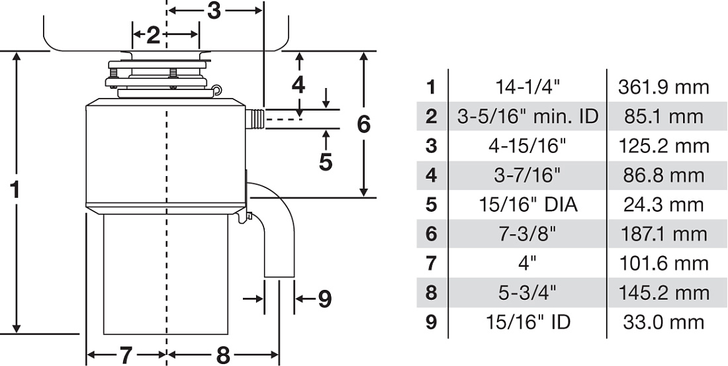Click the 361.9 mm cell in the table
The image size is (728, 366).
(x=663, y=87)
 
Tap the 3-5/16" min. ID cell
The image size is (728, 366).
(x=527, y=116)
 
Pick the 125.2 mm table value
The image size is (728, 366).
(x=663, y=146)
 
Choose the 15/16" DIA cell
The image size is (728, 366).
(x=528, y=205)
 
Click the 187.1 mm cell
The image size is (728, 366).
(x=663, y=234)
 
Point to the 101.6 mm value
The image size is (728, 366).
(x=663, y=263)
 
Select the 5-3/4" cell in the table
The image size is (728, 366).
(x=527, y=293)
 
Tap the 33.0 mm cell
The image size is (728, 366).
(x=663, y=322)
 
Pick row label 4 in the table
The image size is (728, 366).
(x=432, y=175)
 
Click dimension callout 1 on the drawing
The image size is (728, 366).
(x=15, y=189)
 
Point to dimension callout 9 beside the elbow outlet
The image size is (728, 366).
(x=325, y=298)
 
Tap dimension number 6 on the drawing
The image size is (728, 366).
(x=363, y=124)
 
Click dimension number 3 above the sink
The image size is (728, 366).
(x=214, y=11)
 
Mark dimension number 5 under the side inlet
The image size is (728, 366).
(x=326, y=161)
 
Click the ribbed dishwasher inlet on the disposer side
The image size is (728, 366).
(x=255, y=119)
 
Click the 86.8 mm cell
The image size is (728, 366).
(x=663, y=175)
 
